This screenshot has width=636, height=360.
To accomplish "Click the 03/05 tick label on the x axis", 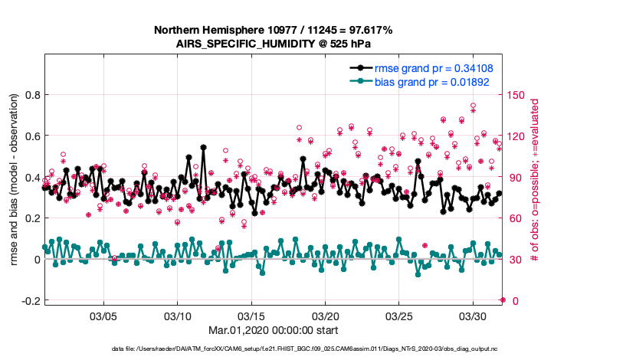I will click(103, 316).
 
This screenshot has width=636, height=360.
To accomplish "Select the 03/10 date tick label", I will click(178, 316).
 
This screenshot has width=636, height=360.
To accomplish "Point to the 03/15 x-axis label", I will click(251, 316).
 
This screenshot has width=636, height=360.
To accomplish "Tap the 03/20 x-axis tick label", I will click(325, 316).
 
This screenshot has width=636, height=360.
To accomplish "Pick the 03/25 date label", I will click(398, 316).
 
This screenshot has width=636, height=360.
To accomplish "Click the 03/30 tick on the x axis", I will click(472, 316).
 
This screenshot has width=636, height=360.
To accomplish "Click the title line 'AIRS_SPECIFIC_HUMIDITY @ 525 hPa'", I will click(274, 44).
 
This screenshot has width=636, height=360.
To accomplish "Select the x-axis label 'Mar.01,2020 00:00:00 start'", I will click(274, 331).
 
